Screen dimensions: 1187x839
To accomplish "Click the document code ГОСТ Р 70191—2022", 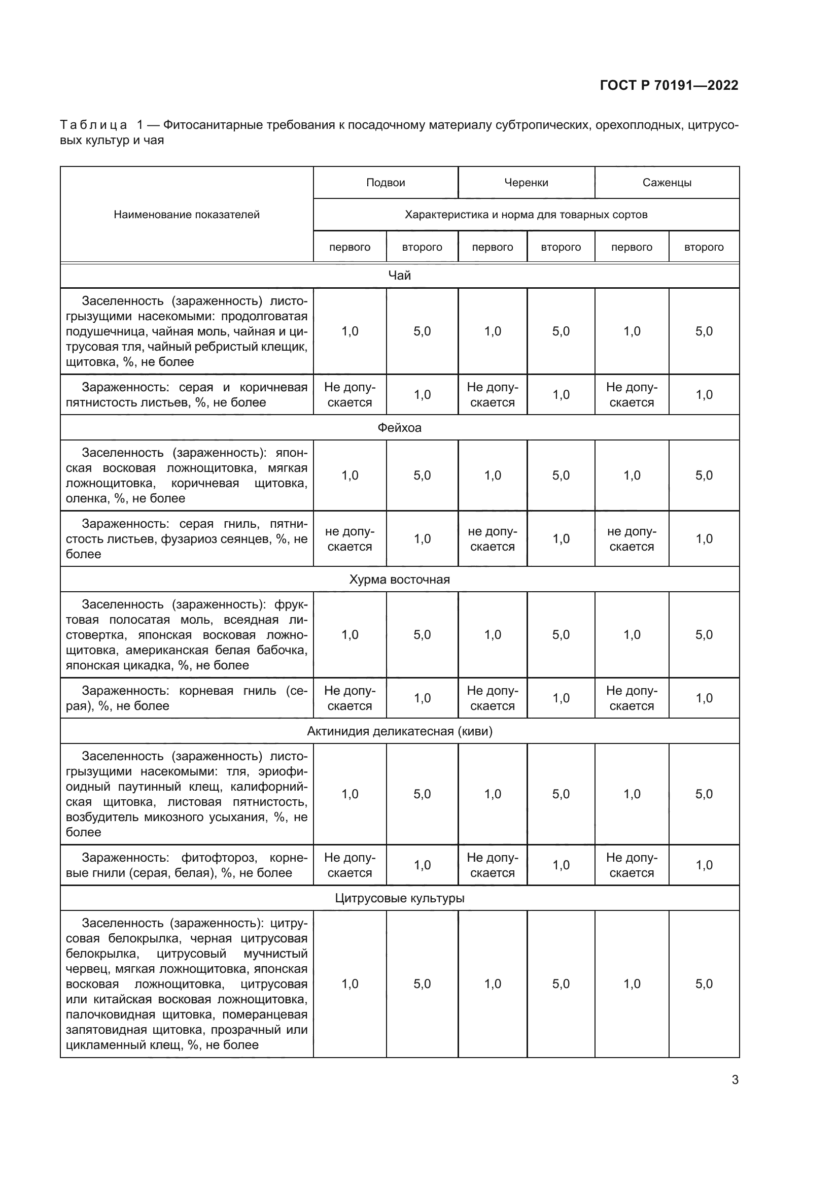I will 669,85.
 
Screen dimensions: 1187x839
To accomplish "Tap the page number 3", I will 735,1079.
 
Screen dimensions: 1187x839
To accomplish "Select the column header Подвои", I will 386,183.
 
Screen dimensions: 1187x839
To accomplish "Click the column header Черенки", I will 526,183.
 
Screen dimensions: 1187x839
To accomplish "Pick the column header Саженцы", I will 667,183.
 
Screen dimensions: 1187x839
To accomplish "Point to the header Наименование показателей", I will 187,215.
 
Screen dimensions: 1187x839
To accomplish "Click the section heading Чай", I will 399,276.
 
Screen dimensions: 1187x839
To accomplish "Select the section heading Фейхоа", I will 399,427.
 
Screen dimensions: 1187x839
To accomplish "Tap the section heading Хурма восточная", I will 399,580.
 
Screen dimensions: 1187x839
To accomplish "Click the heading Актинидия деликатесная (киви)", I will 399,731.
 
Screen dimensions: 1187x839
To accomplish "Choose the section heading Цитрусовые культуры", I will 399,898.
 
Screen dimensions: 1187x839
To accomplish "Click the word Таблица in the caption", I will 93,125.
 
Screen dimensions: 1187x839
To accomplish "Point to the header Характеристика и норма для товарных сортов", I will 526,215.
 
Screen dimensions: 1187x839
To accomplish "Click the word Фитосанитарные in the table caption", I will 205,125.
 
